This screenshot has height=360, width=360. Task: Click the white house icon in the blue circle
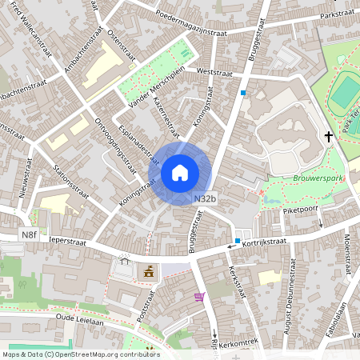click(180, 173)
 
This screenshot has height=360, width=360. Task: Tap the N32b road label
click(204, 198)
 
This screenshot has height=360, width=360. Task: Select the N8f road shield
click(29, 234)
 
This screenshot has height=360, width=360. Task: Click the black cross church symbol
click(328, 137)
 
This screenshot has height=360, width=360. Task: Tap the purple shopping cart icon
click(199, 297)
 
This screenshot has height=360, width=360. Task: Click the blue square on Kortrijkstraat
click(238, 240)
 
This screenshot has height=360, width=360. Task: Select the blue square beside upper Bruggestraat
click(243, 93)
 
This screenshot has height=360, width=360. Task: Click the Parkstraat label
click(336, 15)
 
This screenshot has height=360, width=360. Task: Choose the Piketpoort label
click(299, 209)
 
